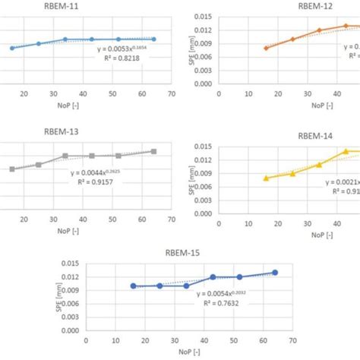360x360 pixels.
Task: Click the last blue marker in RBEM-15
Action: coord(275,273)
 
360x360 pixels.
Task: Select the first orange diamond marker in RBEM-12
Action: coord(266,48)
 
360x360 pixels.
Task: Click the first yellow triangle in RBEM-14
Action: coord(266,178)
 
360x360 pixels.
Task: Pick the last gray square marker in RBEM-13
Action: coord(154,151)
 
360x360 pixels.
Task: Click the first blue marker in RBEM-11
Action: coord(12,48)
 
